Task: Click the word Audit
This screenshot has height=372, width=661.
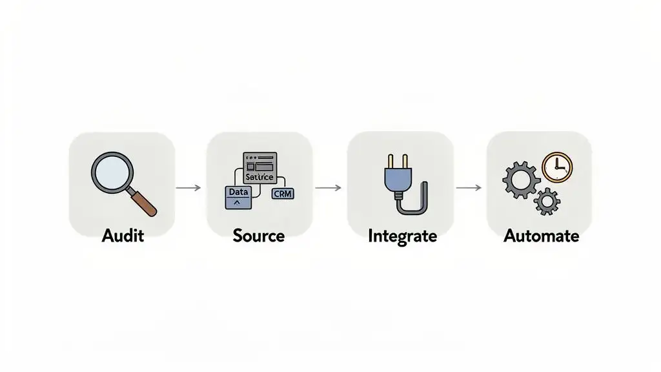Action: tap(123, 236)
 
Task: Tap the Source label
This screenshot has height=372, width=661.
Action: tap(259, 236)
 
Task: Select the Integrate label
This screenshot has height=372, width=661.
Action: tap(402, 236)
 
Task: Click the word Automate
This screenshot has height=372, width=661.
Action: tap(541, 236)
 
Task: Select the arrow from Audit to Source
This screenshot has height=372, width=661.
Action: tap(188, 188)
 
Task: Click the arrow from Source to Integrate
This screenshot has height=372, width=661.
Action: tap(328, 188)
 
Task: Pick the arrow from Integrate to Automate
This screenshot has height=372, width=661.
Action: tap(469, 188)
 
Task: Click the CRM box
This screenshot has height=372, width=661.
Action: tap(283, 193)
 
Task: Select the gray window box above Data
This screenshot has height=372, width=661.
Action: tap(259, 167)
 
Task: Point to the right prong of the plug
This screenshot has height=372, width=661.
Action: tap(400, 160)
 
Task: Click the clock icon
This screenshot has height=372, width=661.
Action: tap(557, 167)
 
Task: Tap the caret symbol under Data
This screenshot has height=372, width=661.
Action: tap(236, 202)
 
